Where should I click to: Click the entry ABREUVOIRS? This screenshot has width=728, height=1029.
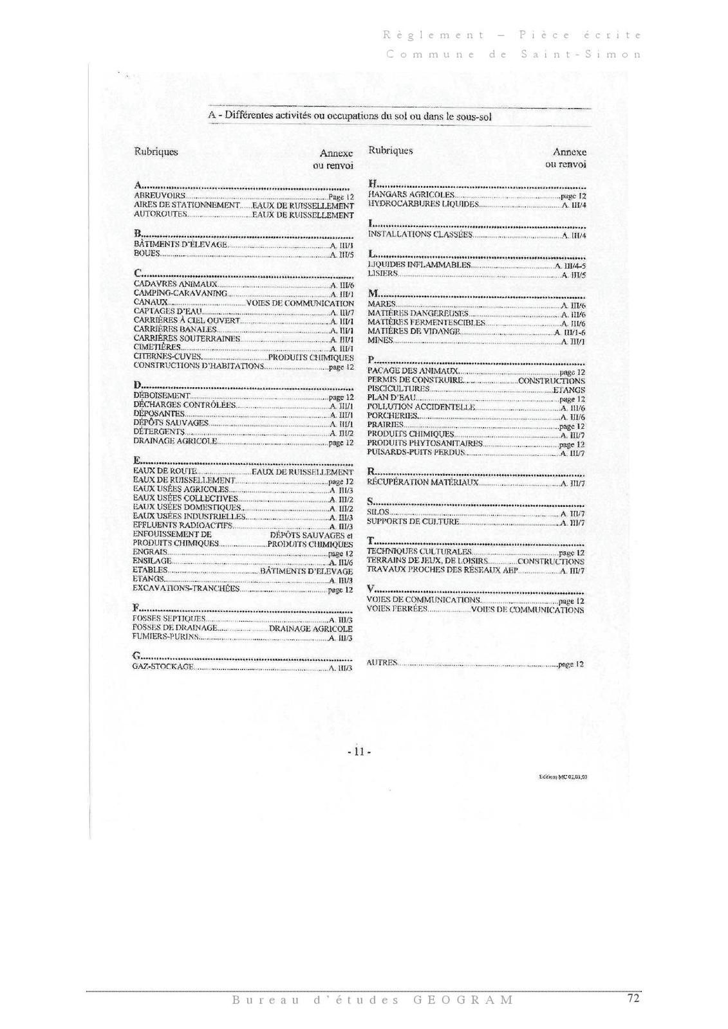pyautogui.click(x=160, y=196)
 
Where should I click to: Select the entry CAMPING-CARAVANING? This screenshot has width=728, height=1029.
pyautogui.click(x=180, y=293)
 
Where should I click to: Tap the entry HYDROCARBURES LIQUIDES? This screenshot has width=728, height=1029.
pyautogui.click(x=424, y=204)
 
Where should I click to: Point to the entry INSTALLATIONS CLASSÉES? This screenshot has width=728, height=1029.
pyautogui.click(x=420, y=235)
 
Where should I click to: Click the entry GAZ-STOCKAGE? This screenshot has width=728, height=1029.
pyautogui.click(x=163, y=667)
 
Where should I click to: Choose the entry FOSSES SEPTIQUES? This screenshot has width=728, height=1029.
pyautogui.click(x=169, y=619)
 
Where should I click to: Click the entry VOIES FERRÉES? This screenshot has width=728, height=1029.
pyautogui.click(x=397, y=609)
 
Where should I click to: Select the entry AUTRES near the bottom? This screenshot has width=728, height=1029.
pyautogui.click(x=382, y=662)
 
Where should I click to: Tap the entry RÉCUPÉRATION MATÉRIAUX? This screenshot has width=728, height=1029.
pyautogui.click(x=423, y=482)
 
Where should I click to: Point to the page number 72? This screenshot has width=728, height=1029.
pyautogui.click(x=633, y=999)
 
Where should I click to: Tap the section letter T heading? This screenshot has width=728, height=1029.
pyautogui.click(x=371, y=541)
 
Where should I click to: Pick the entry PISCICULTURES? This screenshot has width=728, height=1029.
pyautogui.click(x=398, y=389)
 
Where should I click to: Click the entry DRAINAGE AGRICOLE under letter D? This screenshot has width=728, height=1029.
pyautogui.click(x=175, y=442)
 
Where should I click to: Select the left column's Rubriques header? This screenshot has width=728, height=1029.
pyautogui.click(x=156, y=152)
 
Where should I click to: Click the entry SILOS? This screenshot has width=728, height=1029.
pyautogui.click(x=378, y=513)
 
